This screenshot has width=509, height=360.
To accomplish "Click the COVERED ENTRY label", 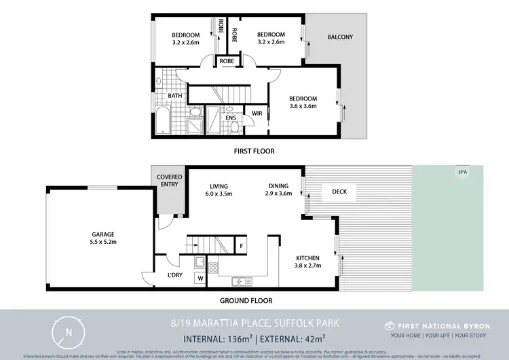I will pyautogui.click(x=169, y=181).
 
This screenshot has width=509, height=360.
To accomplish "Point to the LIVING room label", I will pyautogui.click(x=219, y=186).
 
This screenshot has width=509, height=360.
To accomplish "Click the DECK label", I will pyautogui.click(x=339, y=192).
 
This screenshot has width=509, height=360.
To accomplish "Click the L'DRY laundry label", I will pyautogui.click(x=176, y=275).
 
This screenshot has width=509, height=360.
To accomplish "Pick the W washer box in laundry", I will pyautogui.click(x=200, y=277).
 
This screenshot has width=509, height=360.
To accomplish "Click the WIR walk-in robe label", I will pyautogui.click(x=257, y=113).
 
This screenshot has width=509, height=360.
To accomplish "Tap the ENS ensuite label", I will pyautogui.click(x=231, y=117).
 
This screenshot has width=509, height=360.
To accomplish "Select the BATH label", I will pyautogui.click(x=174, y=96).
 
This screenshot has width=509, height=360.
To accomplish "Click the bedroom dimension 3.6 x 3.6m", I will pyautogui.click(x=303, y=107).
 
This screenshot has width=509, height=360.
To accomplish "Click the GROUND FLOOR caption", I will pyautogui.click(x=246, y=300).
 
